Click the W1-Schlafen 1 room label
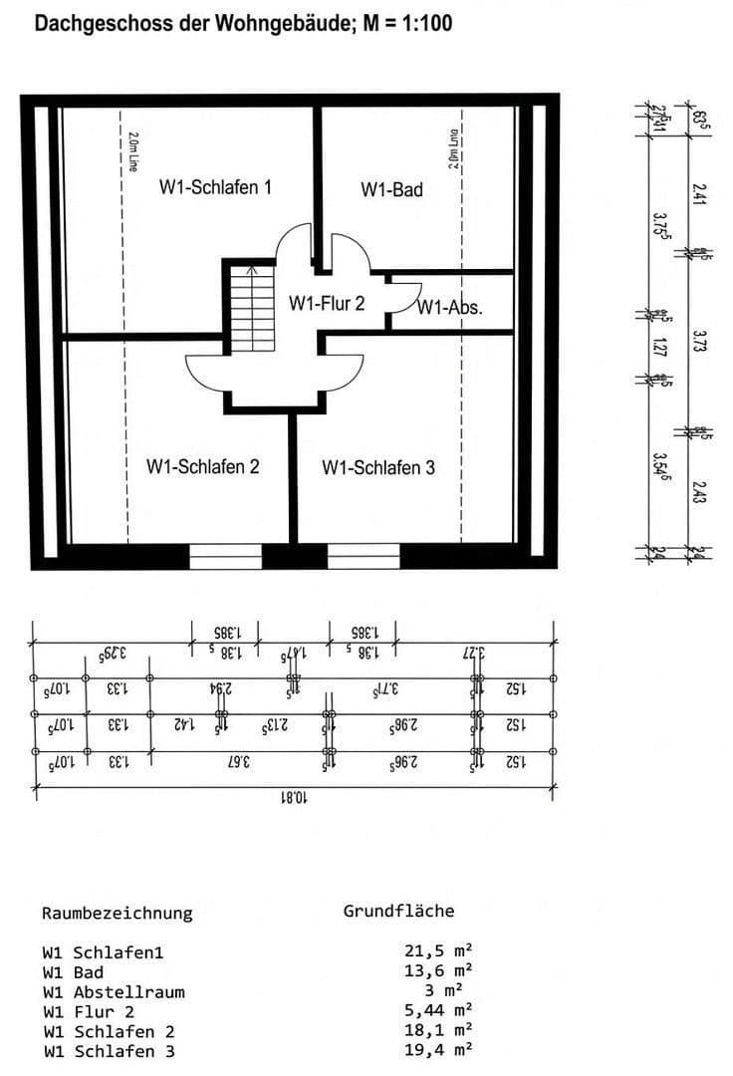point(216,187)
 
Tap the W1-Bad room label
point(391,188)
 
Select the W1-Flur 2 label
point(327,304)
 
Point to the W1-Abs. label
point(450,308)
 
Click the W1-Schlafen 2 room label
point(203,466)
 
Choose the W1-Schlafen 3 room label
point(378,467)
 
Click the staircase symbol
point(251,306)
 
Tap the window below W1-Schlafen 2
point(225,556)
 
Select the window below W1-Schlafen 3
point(364,556)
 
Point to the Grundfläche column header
point(398,911)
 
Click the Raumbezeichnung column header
point(118,913)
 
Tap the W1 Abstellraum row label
point(114,991)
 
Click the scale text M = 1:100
point(398,22)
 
